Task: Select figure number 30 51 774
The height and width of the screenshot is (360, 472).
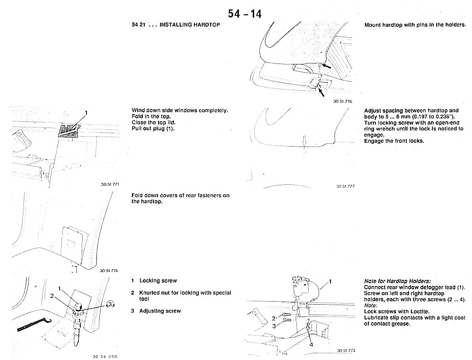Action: coord(109,271)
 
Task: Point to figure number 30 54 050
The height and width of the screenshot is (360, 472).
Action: coord(105,356)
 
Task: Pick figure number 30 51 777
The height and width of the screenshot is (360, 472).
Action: coord(345,186)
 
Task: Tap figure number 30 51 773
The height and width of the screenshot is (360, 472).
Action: coord(346,351)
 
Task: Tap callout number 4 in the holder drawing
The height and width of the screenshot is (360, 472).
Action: coord(311,344)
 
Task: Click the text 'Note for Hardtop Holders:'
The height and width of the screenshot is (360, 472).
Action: coord(397,281)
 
